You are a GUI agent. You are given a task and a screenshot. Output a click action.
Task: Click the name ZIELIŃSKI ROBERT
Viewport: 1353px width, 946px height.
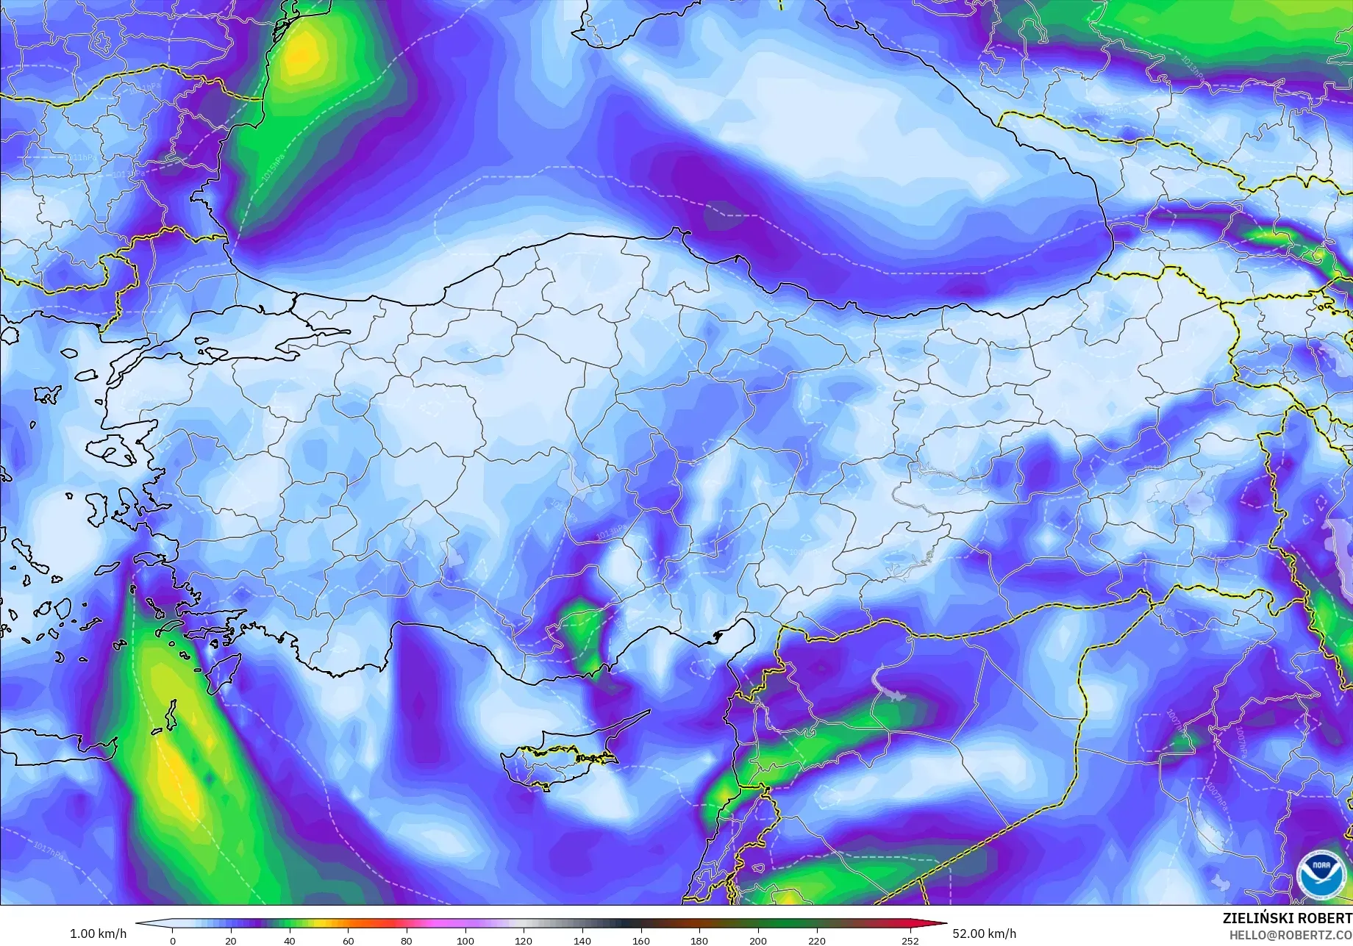click(1287, 919)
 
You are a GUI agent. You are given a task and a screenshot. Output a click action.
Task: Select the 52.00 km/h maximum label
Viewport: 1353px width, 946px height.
click(983, 934)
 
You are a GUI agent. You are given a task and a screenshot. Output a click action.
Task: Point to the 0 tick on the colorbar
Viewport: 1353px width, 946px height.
click(173, 940)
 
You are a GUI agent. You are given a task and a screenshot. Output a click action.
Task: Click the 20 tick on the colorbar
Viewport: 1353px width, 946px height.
click(231, 940)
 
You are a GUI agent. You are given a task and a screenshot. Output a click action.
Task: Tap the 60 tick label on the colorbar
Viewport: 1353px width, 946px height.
click(348, 940)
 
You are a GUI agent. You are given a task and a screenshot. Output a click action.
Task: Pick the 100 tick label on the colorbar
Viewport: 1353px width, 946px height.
click(465, 940)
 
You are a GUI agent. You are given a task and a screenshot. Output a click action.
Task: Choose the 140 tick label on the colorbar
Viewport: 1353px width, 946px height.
click(582, 940)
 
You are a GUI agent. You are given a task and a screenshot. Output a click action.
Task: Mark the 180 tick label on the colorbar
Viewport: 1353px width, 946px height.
click(699, 940)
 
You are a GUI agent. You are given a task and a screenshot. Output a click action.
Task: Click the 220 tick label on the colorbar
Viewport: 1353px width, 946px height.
click(816, 940)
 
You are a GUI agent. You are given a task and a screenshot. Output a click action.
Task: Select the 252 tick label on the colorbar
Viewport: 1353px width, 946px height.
click(910, 940)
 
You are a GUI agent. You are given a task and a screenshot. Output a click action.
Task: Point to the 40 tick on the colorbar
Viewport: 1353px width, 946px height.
click(290, 940)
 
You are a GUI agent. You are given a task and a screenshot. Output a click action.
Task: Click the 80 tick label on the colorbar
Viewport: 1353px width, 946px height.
click(407, 940)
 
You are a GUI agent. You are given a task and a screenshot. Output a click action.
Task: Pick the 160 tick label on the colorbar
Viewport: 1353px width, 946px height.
click(640, 940)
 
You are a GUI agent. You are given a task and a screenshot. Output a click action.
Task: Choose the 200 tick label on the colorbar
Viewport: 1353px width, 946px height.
click(757, 940)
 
